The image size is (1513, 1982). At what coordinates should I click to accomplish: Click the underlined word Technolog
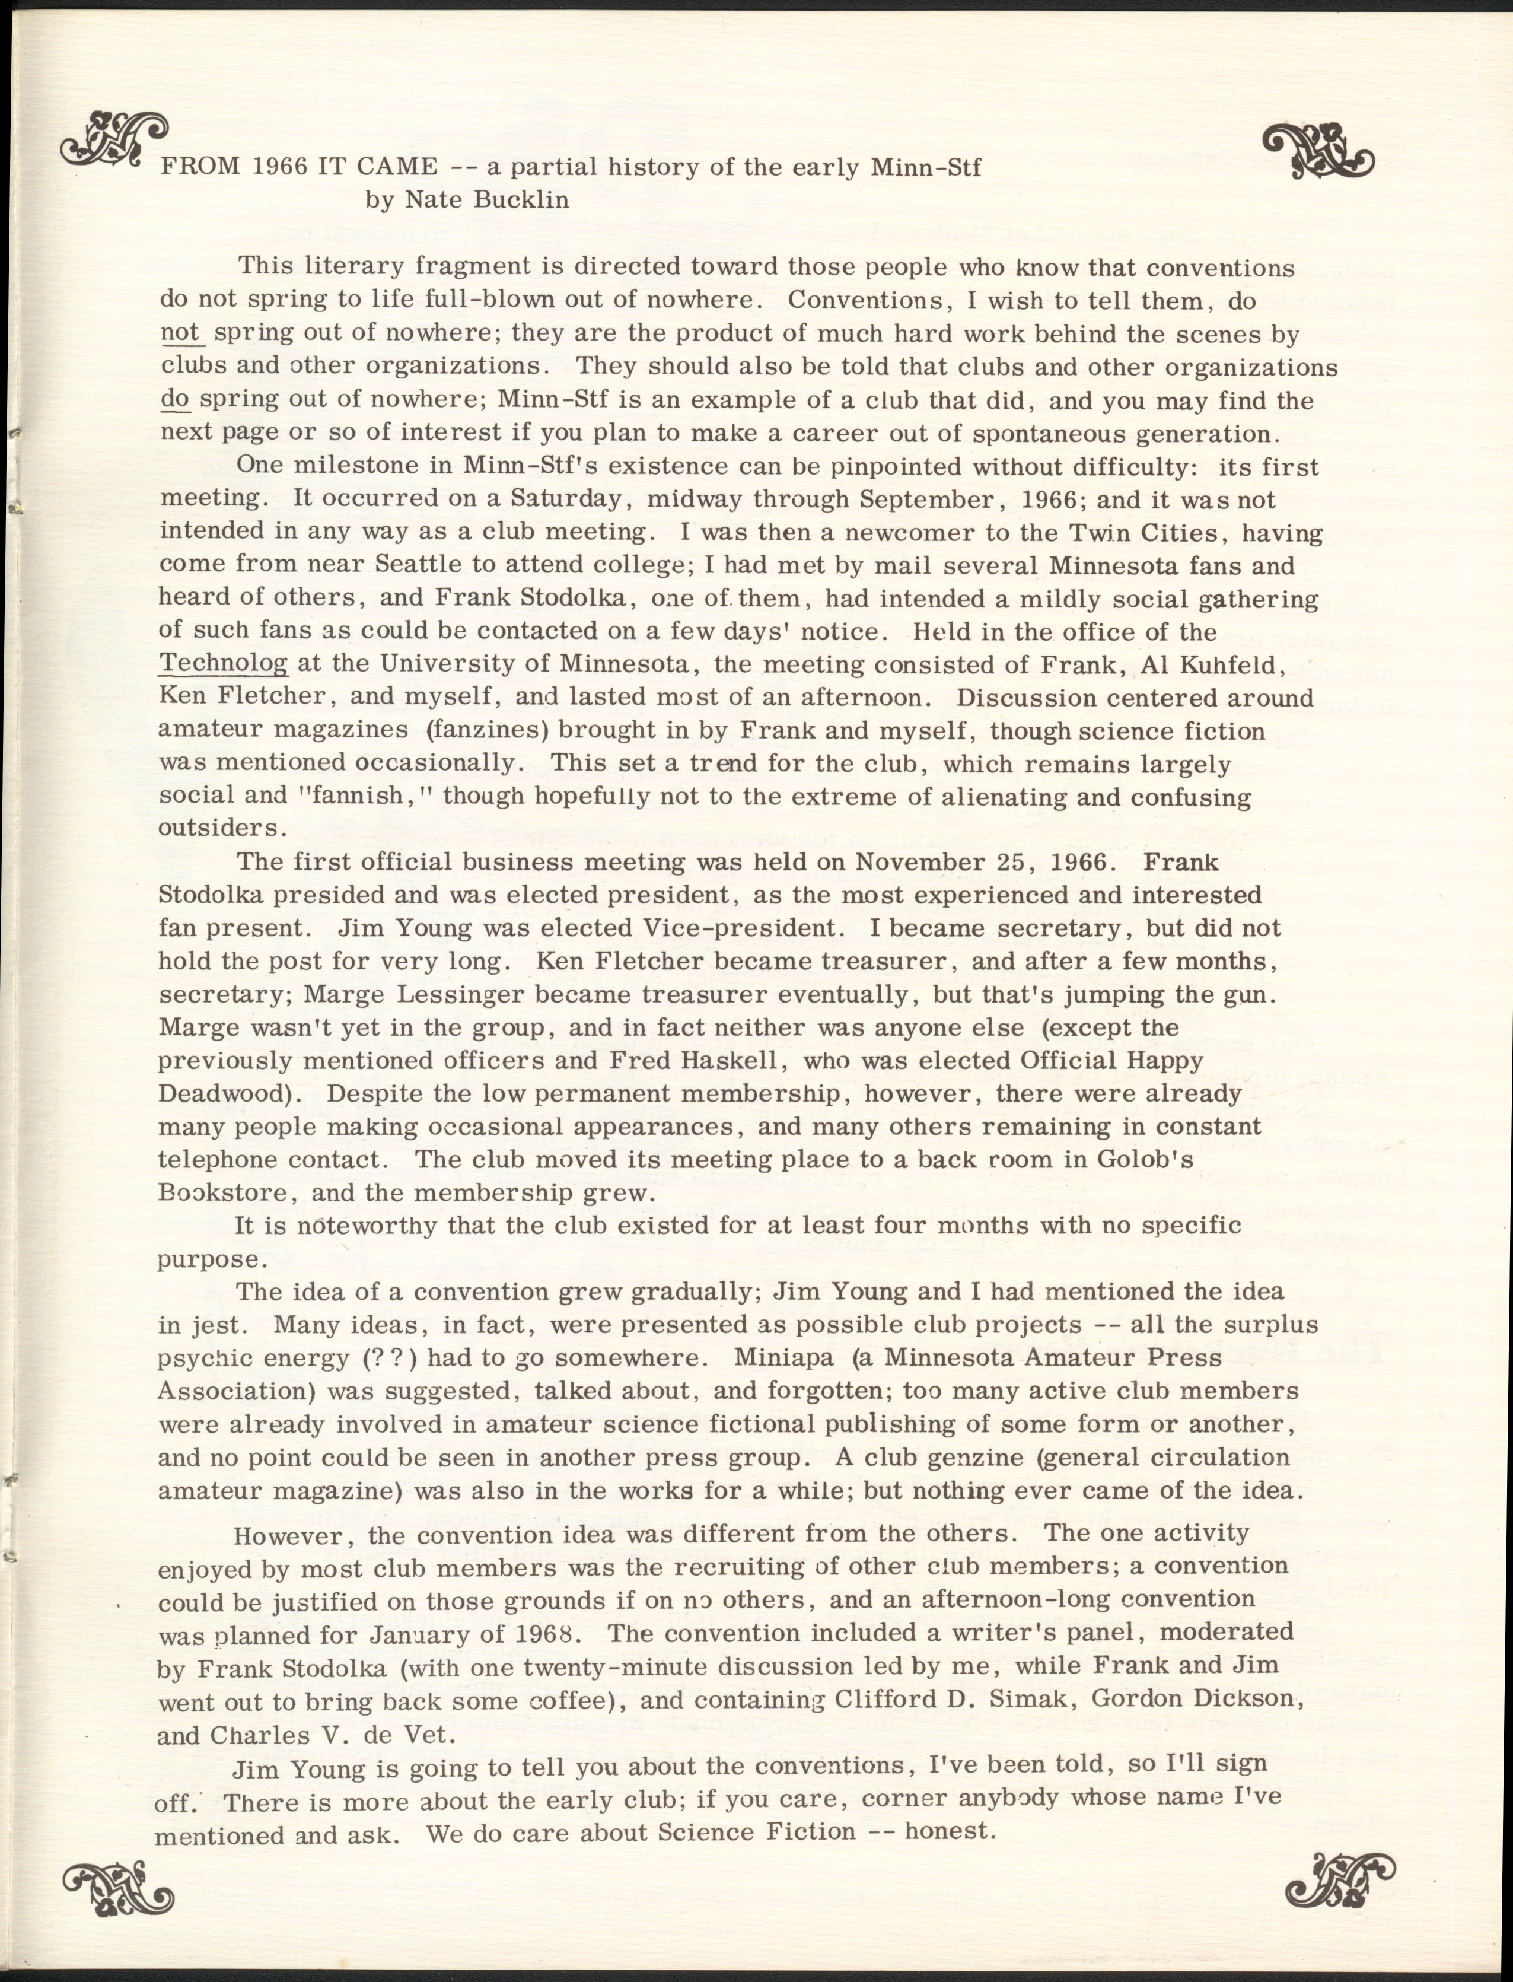pos(224,664)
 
